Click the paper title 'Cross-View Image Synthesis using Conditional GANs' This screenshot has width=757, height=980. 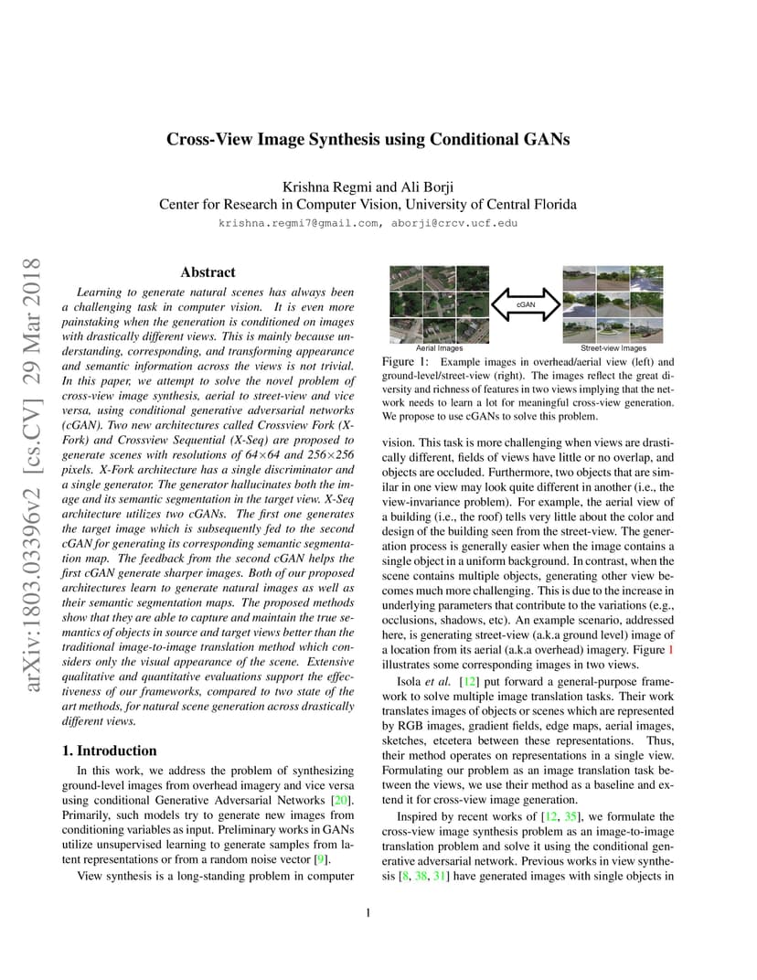pyautogui.click(x=368, y=140)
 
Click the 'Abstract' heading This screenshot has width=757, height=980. pyautogui.click(x=208, y=272)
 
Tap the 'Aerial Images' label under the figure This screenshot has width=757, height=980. pyautogui.click(x=439, y=348)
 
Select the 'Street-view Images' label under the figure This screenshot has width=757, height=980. pyautogui.click(x=613, y=348)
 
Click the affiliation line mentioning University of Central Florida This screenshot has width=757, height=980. pyautogui.click(x=368, y=205)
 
